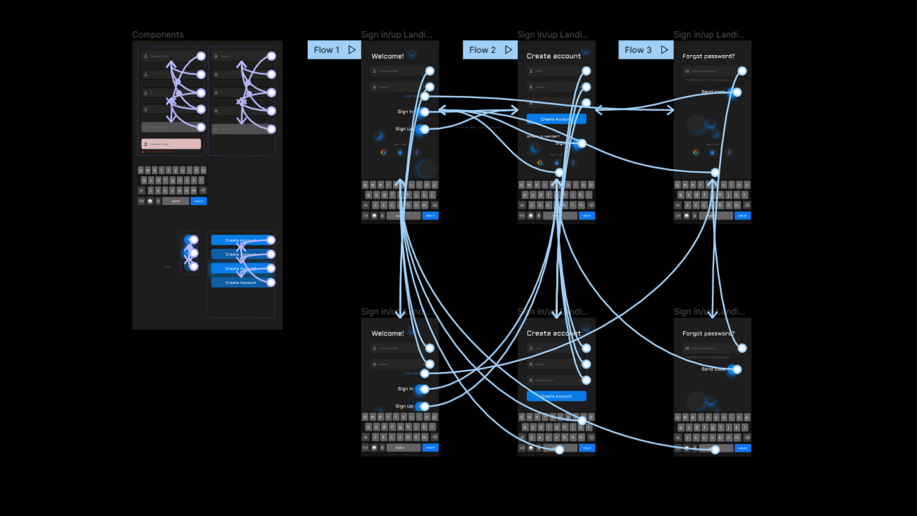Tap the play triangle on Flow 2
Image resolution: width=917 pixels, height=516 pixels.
coord(509,50)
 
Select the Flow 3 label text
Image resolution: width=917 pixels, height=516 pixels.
coord(638,50)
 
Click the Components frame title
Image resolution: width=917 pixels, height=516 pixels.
coord(158,35)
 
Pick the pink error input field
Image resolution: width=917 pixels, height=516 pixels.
coord(171,144)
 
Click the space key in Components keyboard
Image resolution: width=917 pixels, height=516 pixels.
coord(176,201)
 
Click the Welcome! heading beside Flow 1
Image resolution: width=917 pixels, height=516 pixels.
coord(387,56)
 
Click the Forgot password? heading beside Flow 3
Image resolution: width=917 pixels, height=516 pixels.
coord(708,56)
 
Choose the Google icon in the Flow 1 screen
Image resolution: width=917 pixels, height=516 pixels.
coord(383,152)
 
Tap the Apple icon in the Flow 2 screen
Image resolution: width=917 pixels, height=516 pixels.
coord(557,163)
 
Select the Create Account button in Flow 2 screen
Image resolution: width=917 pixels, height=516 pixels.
coord(556,119)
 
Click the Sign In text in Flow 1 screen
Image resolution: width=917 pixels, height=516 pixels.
coord(405,112)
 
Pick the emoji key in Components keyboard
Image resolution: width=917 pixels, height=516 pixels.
coord(150,201)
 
